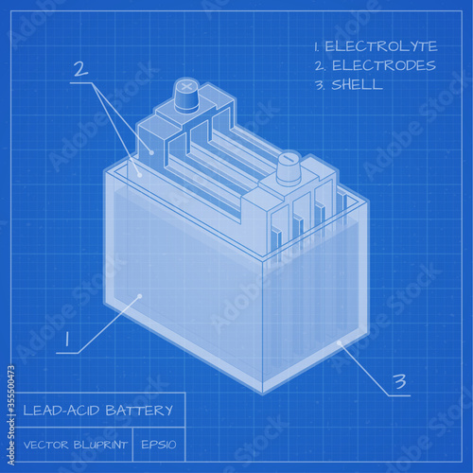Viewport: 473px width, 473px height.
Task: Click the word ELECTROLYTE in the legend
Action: [381, 46]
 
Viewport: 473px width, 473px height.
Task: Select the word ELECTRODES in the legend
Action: [384, 65]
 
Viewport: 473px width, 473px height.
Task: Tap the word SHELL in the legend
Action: [357, 84]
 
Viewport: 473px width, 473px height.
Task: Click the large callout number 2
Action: [81, 69]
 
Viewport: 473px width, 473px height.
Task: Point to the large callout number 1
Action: [67, 339]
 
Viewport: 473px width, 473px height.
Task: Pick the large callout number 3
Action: [400, 381]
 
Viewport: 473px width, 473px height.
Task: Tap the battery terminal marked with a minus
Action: [289, 167]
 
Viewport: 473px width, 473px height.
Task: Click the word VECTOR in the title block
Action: [46, 445]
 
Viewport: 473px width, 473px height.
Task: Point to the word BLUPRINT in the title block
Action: [100, 445]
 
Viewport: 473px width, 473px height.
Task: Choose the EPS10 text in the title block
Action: [159, 445]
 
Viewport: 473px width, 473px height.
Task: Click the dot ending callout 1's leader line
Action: [140, 296]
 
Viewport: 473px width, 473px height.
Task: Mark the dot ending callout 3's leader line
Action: [339, 342]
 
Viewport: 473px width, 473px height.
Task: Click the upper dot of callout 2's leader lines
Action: [151, 153]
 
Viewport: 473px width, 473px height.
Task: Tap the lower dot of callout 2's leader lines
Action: [139, 174]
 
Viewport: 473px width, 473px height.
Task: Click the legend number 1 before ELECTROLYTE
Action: [316, 46]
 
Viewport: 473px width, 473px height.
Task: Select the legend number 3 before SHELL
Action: [320, 85]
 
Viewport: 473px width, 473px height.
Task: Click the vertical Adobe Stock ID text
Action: [11, 415]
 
